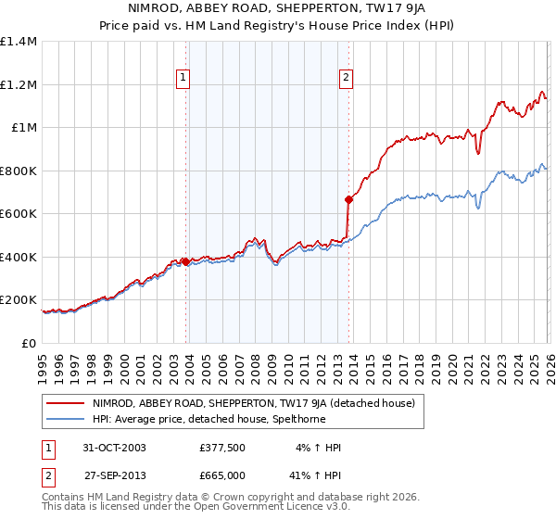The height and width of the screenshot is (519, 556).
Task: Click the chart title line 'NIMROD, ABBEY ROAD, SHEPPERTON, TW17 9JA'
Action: (x=278, y=10)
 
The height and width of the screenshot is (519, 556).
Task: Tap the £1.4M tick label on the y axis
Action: (x=19, y=42)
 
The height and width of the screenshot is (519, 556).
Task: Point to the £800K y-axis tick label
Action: (x=19, y=171)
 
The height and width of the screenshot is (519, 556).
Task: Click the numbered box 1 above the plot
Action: (x=183, y=78)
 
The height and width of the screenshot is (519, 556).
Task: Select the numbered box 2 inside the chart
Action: (x=346, y=78)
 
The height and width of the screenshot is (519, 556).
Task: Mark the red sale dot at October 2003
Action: (x=185, y=261)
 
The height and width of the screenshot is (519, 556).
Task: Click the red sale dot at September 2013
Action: (x=348, y=199)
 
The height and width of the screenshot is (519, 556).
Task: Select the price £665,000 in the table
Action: (x=222, y=475)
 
